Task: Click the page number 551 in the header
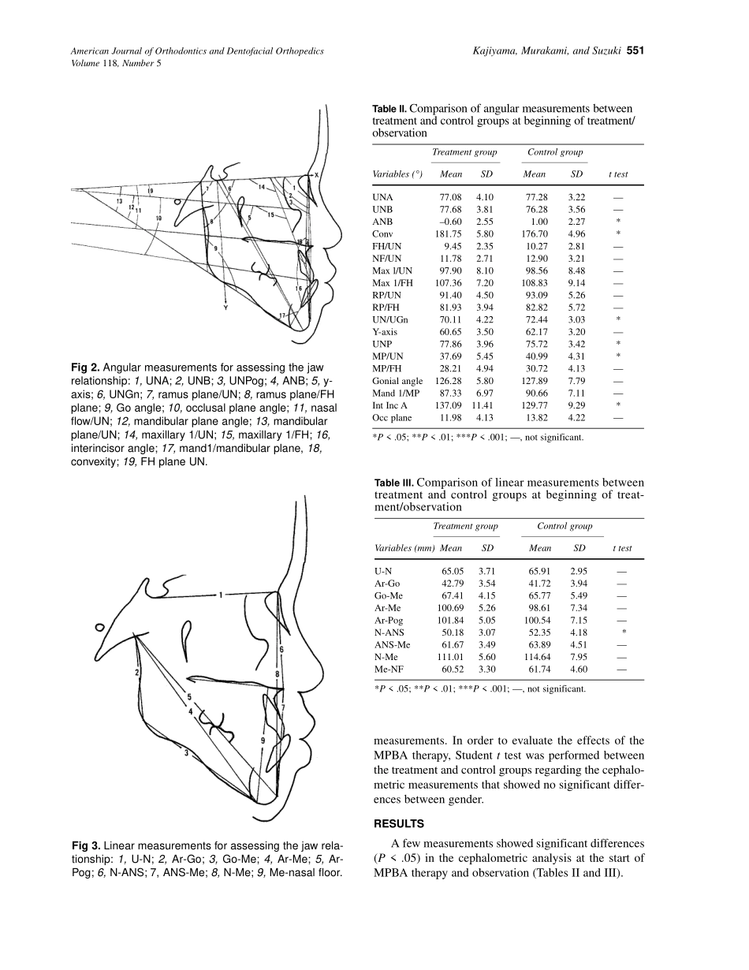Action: pyautogui.click(x=636, y=51)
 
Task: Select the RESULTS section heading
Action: pyautogui.click(x=398, y=824)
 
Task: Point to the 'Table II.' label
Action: pyautogui.click(x=389, y=110)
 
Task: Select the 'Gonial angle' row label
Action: pyautogui.click(x=397, y=381)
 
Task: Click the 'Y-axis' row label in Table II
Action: pyautogui.click(x=385, y=332)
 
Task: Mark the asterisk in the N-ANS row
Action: pyautogui.click(x=624, y=632)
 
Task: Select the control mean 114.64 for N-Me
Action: pyautogui.click(x=540, y=657)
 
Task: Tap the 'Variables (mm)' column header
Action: pyautogui.click(x=404, y=548)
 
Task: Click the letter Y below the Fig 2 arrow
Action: pyautogui.click(x=227, y=308)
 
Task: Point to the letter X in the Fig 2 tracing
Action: pyautogui.click(x=316, y=175)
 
